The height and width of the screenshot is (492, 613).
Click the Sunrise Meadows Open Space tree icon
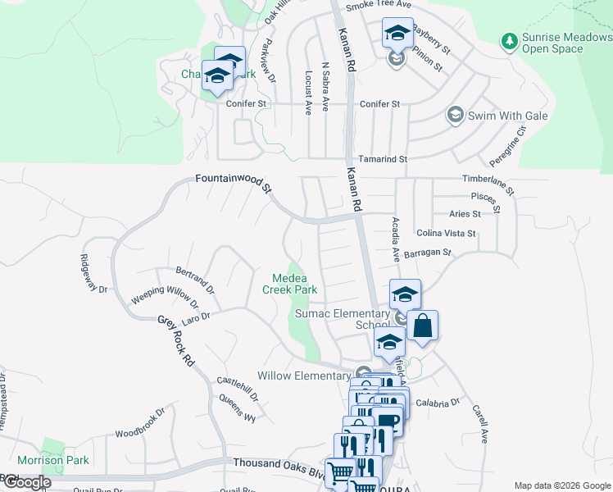pyautogui.click(x=510, y=40)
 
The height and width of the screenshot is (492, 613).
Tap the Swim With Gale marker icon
pyautogui.click(x=454, y=116)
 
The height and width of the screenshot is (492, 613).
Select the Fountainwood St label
pyautogui.click(x=234, y=183)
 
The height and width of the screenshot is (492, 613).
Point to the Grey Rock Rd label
pyautogui.click(x=177, y=342)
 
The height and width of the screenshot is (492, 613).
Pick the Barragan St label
pyautogui.click(x=427, y=253)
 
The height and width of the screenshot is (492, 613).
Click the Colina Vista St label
pyautogui.click(x=446, y=234)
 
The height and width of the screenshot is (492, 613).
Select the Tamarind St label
pyautogui.click(x=384, y=158)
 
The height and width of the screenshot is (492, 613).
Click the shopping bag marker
pyautogui.click(x=422, y=326)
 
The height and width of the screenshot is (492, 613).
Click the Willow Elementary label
pyautogui.click(x=304, y=376)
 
